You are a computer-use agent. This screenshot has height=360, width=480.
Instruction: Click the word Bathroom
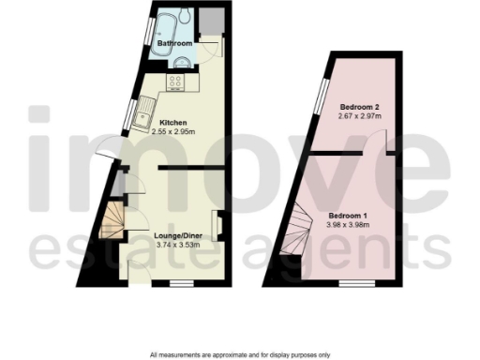click(174, 44)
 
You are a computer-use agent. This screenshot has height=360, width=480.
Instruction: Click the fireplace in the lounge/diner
click(218, 225)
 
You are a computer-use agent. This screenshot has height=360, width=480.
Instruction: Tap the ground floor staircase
click(114, 221)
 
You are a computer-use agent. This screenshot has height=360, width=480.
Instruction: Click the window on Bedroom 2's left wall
click(321, 94)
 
